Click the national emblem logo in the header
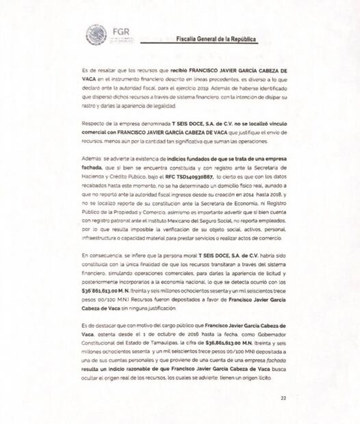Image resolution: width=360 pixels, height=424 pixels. (96, 34)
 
